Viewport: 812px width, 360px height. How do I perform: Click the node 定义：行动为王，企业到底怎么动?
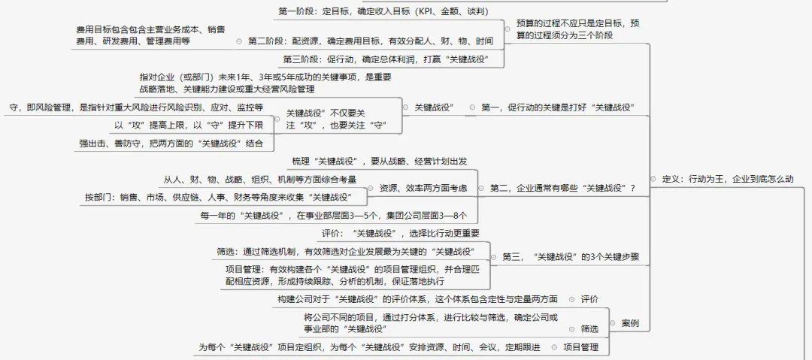727,180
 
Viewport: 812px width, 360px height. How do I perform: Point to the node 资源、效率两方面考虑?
423,188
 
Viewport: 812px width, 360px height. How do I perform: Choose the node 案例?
630,323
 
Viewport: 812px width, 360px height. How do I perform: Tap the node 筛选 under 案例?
589,328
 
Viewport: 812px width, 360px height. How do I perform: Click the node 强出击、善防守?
171,143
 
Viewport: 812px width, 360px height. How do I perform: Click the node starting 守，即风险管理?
136,107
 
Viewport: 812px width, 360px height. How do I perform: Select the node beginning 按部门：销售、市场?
225,197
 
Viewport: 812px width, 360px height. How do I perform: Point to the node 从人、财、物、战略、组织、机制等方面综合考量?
259,179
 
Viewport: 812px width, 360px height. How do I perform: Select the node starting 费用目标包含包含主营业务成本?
150,35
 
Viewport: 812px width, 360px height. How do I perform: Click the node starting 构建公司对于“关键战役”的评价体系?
417,299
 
